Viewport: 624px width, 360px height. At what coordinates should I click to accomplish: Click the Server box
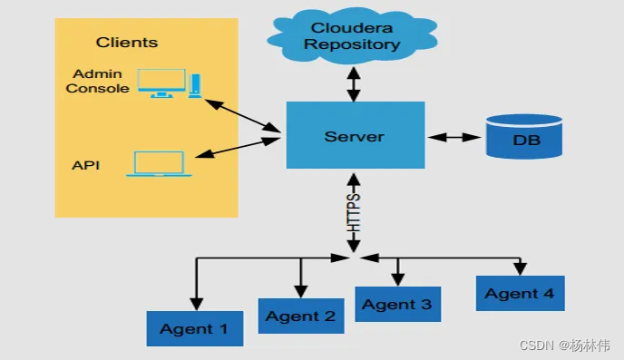[x=355, y=136]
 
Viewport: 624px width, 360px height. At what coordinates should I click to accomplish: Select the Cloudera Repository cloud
[x=355, y=35]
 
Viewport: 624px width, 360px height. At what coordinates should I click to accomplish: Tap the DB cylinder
[x=524, y=137]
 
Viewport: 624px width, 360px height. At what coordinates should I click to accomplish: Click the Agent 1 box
[x=195, y=328]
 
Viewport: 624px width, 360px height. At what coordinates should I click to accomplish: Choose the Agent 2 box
[x=301, y=316]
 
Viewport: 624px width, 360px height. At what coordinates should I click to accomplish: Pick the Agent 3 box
[x=397, y=304]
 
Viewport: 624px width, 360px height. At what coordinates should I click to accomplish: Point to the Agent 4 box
[x=520, y=294]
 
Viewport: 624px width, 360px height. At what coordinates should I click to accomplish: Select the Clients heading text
[x=127, y=43]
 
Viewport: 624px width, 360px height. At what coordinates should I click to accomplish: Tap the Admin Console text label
[x=97, y=81]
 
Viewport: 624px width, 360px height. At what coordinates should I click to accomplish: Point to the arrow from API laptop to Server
[x=238, y=148]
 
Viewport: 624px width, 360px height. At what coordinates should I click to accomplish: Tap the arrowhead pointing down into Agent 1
[x=196, y=302]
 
